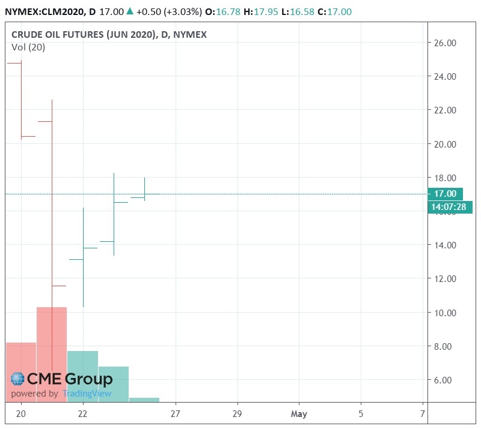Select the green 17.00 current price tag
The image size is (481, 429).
tap(445, 194)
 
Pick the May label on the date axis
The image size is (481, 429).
tap(299, 414)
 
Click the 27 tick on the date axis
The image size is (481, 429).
tap(176, 414)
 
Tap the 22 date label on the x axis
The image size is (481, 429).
tap(83, 414)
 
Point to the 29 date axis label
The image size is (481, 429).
tap(237, 414)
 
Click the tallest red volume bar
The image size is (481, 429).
tap(52, 354)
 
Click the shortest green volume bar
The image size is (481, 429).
tap(144, 399)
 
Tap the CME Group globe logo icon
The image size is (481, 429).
tap(17, 379)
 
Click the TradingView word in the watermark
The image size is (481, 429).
tap(88, 394)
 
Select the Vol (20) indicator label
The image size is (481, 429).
tap(28, 47)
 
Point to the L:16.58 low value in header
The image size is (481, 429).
tap(303, 11)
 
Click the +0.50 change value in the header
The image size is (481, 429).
tap(156, 11)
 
